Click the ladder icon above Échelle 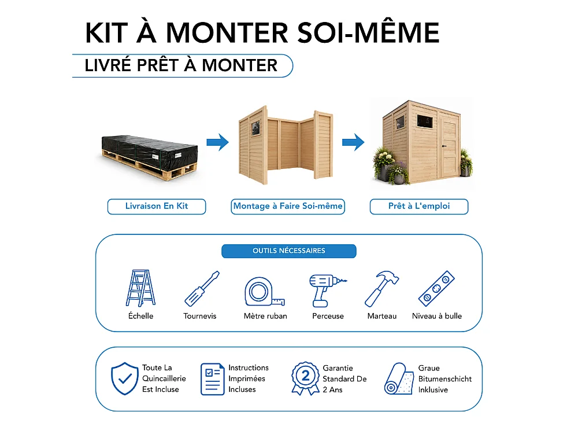pyautogui.click(x=140, y=288)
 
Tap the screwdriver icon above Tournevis pyautogui.click(x=202, y=289)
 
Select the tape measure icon pyautogui.click(x=264, y=292)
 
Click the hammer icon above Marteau pyautogui.click(x=381, y=289)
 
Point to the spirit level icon pyautogui.click(x=436, y=288)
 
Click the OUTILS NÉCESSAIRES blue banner pyautogui.click(x=289, y=251)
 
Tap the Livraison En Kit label pyautogui.click(x=157, y=207)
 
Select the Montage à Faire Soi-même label pyautogui.click(x=288, y=207)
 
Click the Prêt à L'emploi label pyautogui.click(x=419, y=207)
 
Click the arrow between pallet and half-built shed pyautogui.click(x=217, y=142)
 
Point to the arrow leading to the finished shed pyautogui.click(x=353, y=142)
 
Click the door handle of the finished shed pyautogui.click(x=444, y=146)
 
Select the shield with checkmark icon pyautogui.click(x=125, y=378)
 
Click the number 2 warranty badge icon pyautogui.click(x=305, y=378)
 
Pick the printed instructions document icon pyautogui.click(x=213, y=379)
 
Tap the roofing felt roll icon pyautogui.click(x=398, y=379)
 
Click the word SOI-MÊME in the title pyautogui.click(x=368, y=32)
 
